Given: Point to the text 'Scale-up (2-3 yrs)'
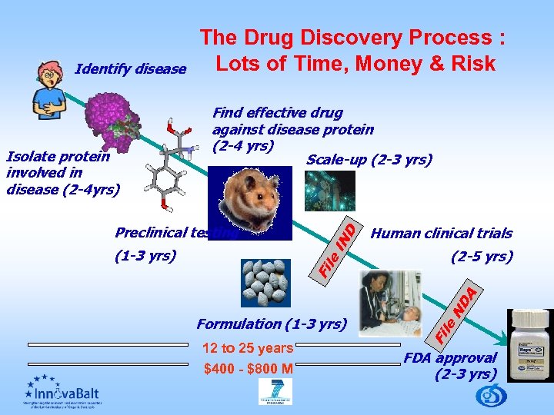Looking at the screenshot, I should (369, 160).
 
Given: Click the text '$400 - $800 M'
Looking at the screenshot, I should (249, 369).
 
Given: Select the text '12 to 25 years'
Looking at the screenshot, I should (247, 348).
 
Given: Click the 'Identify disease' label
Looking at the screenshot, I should (131, 70).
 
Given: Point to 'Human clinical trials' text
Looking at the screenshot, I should (442, 234).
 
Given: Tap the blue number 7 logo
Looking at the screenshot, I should (275, 392).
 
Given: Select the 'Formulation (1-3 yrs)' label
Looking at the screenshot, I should (272, 324).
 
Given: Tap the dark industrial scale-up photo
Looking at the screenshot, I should (329, 191).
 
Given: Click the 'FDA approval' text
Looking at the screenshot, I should (451, 357).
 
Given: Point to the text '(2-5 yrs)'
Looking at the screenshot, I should (482, 257).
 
